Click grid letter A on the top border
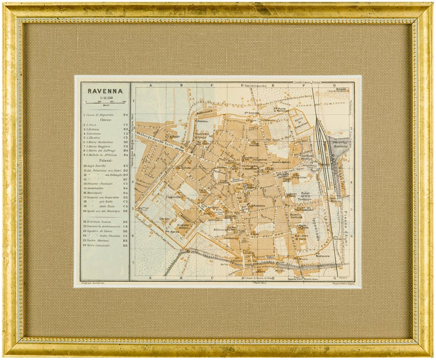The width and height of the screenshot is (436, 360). coord(150,85)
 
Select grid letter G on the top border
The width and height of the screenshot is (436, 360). coord(335,85)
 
